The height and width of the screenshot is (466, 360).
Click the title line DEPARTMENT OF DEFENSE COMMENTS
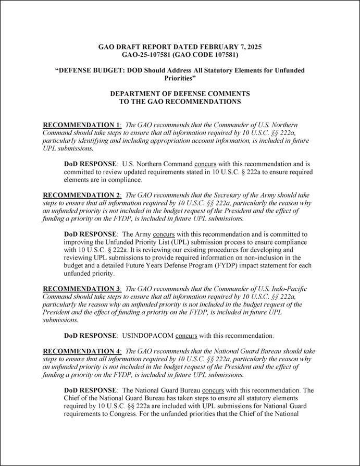[x=180, y=93]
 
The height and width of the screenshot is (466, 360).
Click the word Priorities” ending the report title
[x=180, y=78]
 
